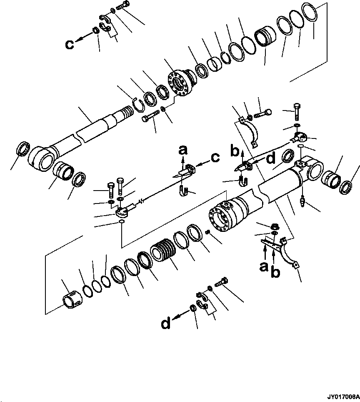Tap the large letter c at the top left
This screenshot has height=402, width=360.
pos(70,44)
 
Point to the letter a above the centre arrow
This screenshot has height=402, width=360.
pos(183,150)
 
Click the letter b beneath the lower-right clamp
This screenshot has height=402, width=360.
pos(275,272)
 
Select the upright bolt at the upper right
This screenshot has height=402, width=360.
pos(297,112)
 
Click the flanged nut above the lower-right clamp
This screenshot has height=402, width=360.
pos(275,226)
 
